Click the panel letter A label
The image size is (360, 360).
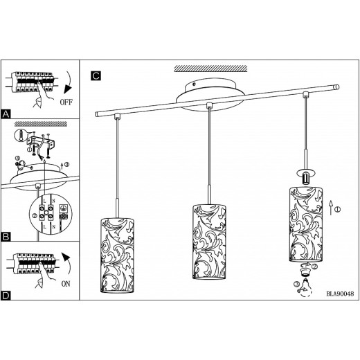pyautogui.click(x=6, y=114)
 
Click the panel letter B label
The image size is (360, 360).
pyautogui.click(x=6, y=237)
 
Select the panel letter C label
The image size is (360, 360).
pyautogui.click(x=96, y=75)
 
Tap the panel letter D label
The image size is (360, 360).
pyautogui.click(x=6, y=296)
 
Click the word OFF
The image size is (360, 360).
pyautogui.click(x=66, y=102)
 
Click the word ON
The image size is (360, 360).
pyautogui.click(x=66, y=284)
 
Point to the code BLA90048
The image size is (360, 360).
pyautogui.click(x=340, y=294)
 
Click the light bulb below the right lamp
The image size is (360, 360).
pyautogui.click(x=305, y=287)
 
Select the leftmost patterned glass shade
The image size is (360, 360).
pyautogui.click(x=118, y=255)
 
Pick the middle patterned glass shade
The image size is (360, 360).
pyautogui.click(x=209, y=242)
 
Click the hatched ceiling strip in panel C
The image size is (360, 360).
pyautogui.click(x=210, y=69)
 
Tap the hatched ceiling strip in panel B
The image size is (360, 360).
pyautogui.click(x=41, y=124)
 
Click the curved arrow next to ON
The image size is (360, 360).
pyautogui.click(x=69, y=265)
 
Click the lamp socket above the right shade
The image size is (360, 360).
pyautogui.click(x=305, y=179)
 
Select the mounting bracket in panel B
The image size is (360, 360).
pyautogui.click(x=41, y=142)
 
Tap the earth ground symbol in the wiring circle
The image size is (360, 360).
pyautogui.click(x=62, y=208)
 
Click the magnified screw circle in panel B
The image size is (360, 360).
pyautogui.click(x=21, y=136)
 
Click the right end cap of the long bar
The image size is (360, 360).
pyautogui.click(x=337, y=87)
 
